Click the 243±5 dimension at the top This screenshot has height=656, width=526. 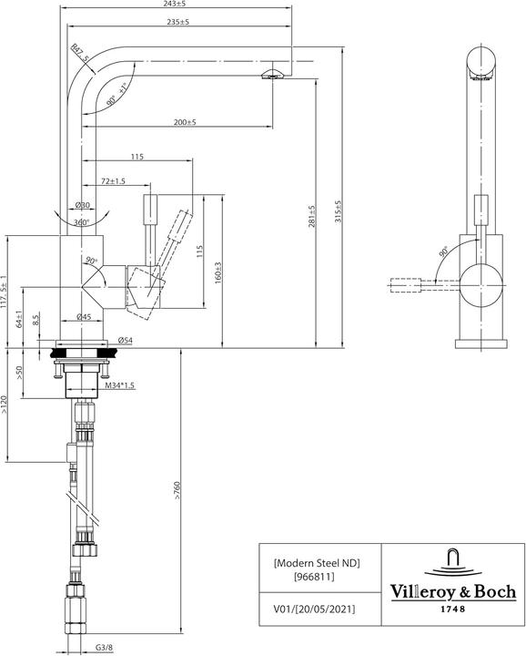(x=178, y=4)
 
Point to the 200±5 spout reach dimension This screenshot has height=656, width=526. (x=187, y=123)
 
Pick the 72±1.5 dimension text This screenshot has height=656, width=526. (x=114, y=182)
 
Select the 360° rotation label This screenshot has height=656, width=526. (x=81, y=222)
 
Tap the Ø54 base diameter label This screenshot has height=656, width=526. (x=126, y=340)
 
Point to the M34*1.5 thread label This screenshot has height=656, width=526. (x=119, y=386)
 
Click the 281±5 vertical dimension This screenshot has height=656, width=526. (x=311, y=216)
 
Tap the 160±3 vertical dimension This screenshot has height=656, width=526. (x=219, y=271)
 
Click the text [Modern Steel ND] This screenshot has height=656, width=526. (x=317, y=563)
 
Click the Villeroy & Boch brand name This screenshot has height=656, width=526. (x=452, y=589)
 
